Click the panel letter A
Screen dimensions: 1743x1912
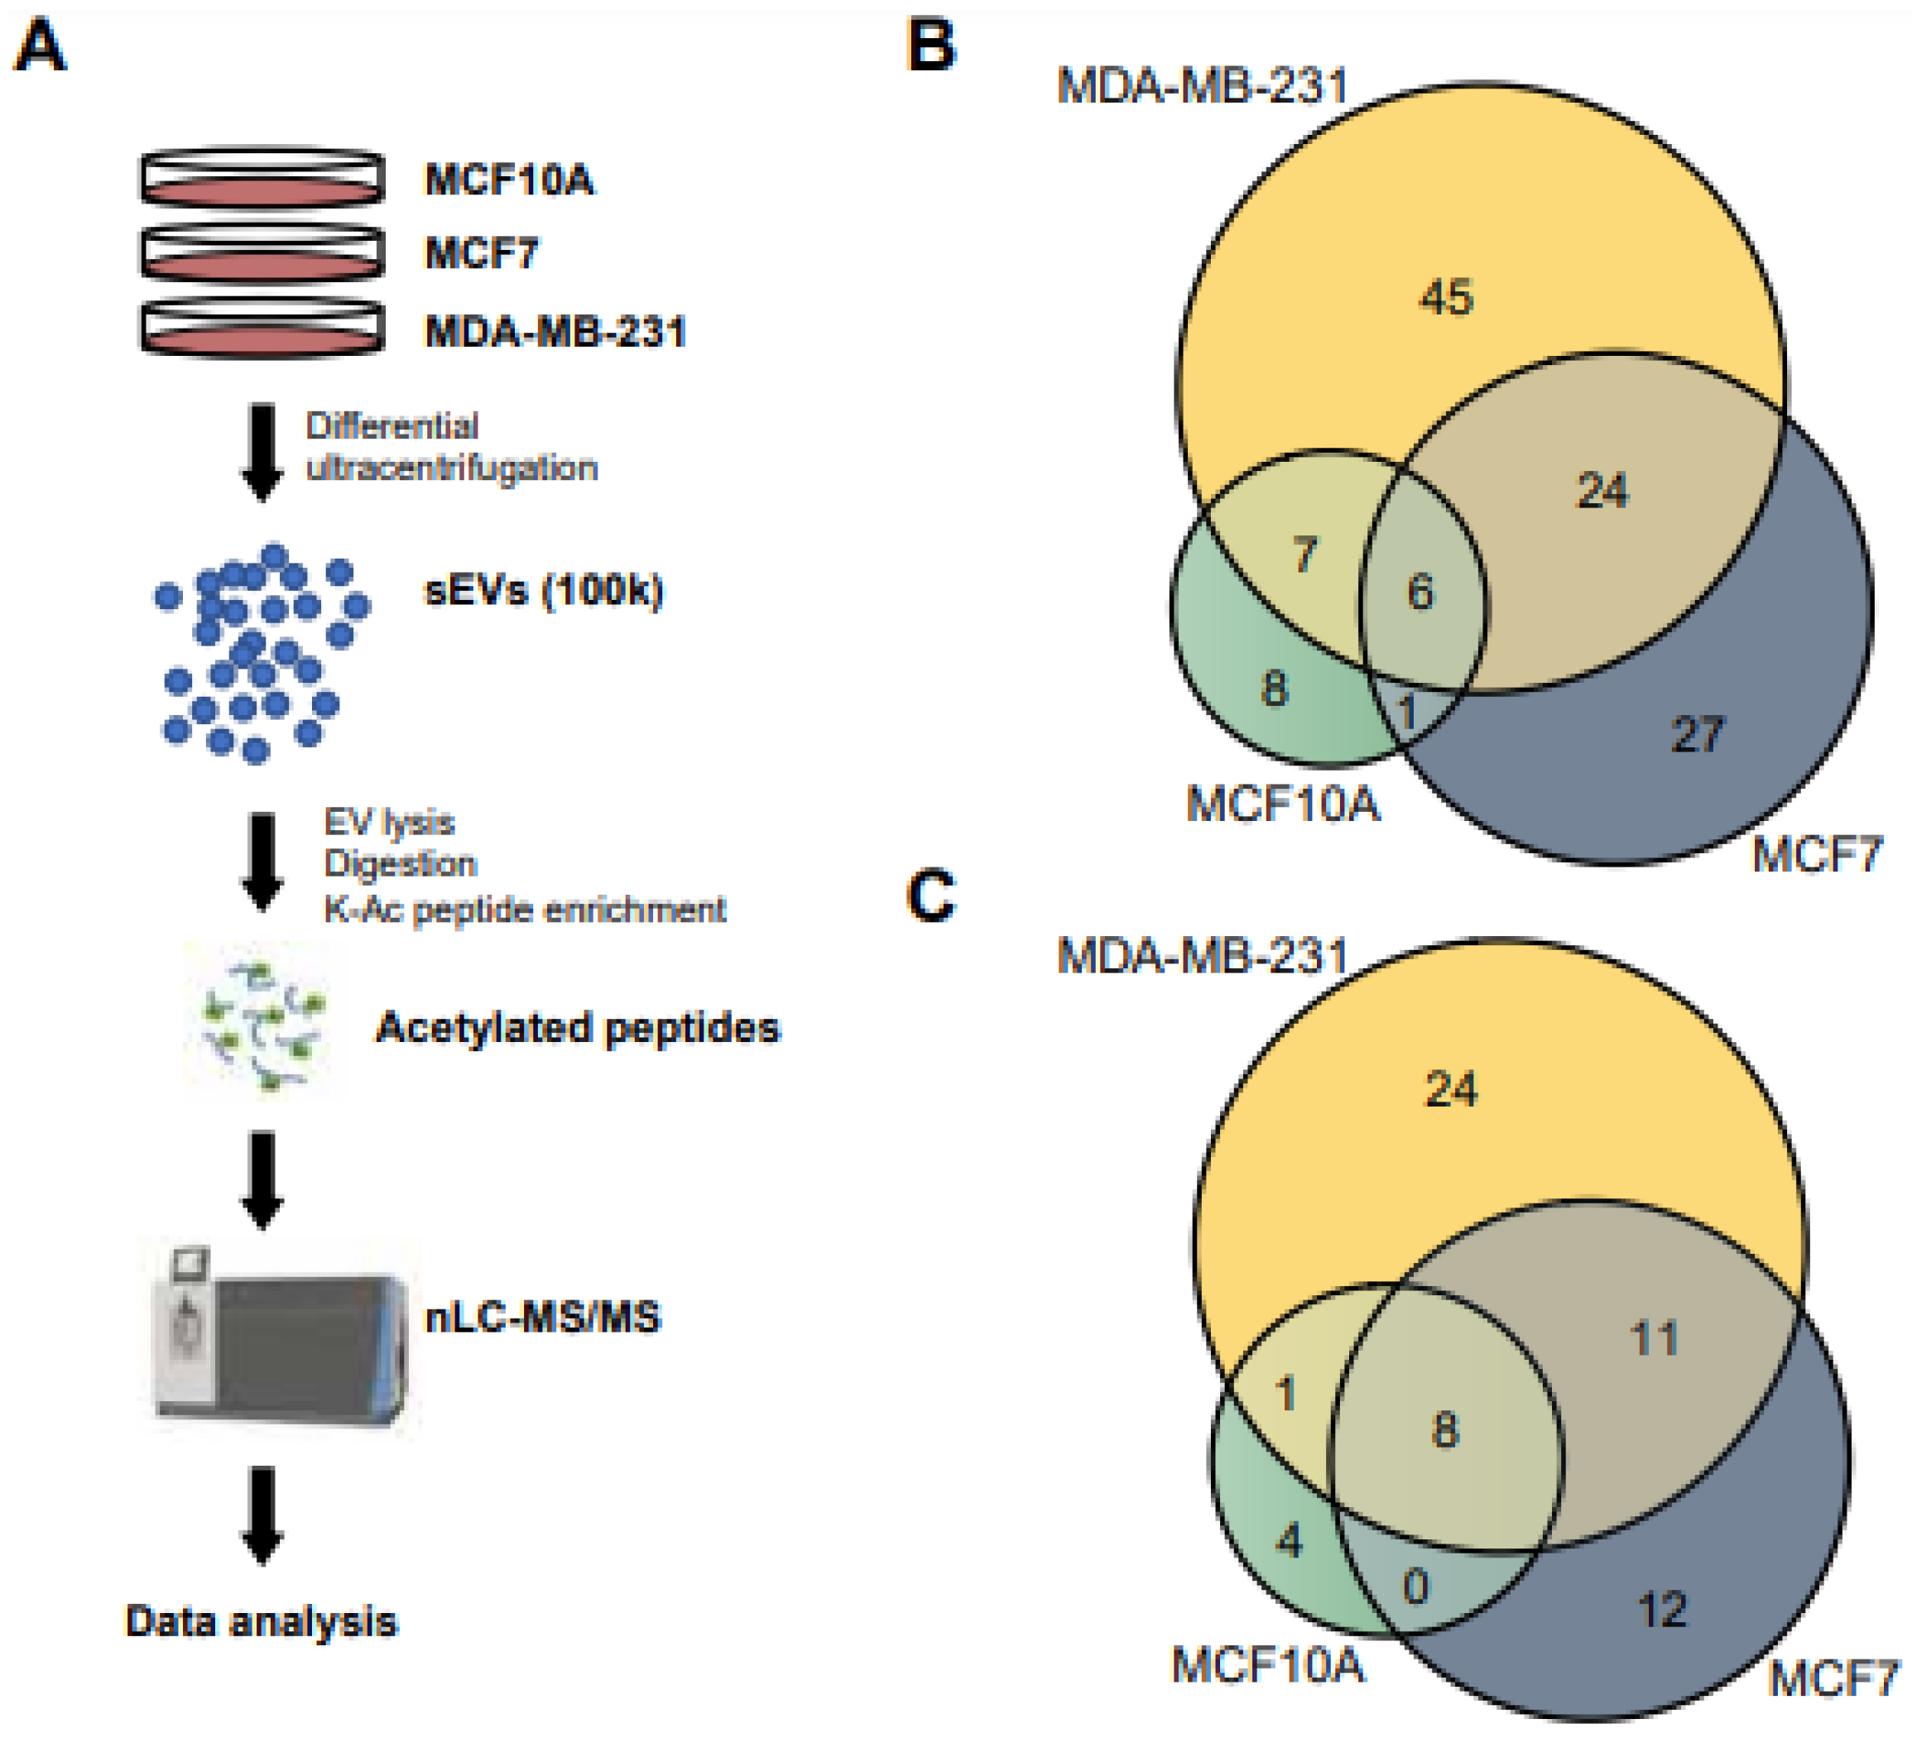point(40,47)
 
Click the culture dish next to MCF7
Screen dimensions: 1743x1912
point(262,253)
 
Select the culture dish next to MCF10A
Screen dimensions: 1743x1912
point(262,177)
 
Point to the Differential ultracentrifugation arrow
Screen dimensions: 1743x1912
point(262,451)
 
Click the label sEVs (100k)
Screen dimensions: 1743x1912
point(542,591)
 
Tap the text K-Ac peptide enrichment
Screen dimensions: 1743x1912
point(525,910)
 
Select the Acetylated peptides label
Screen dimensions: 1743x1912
point(578,1028)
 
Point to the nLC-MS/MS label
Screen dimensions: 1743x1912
point(542,1318)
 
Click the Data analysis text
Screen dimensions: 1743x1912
point(262,1621)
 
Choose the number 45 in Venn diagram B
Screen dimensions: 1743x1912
point(1445,297)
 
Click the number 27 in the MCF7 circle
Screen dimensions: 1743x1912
point(1697,734)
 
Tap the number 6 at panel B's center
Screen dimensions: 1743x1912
point(1420,592)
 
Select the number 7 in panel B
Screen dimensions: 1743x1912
point(1305,554)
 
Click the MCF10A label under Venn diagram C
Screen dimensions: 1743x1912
point(1268,1664)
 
